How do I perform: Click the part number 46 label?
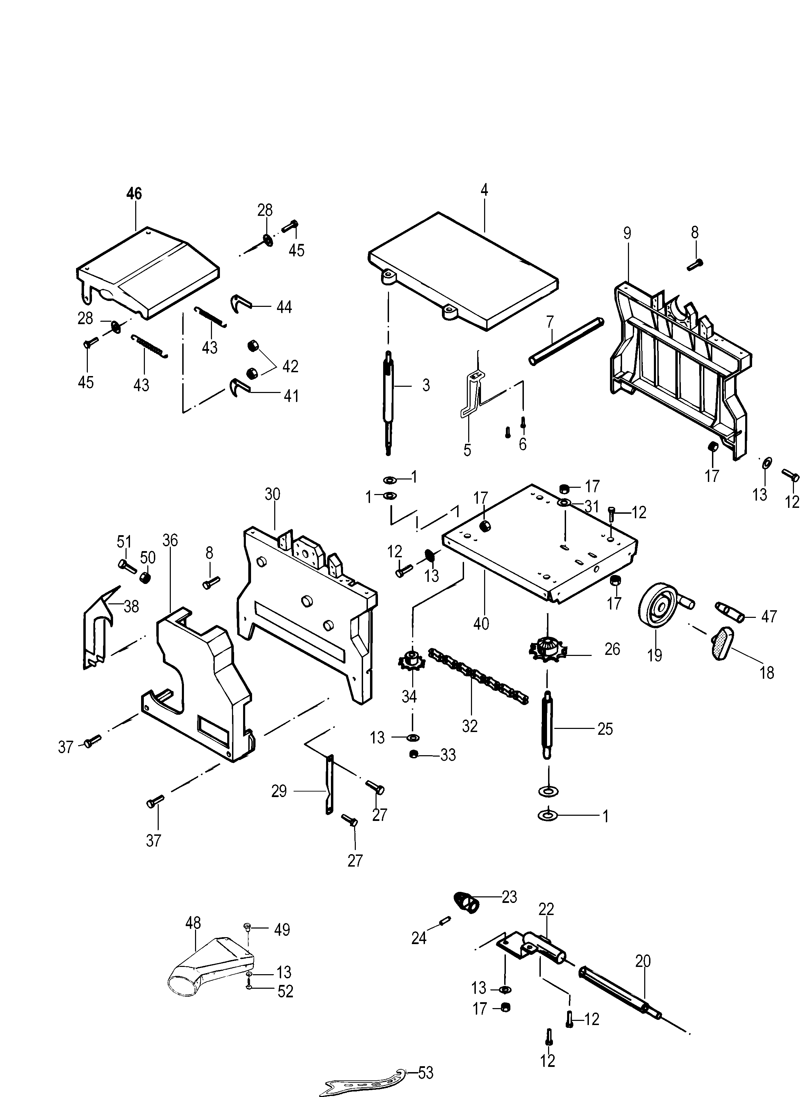134,194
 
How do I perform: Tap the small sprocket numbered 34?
412,661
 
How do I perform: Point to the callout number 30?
272,494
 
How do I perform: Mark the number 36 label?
170,540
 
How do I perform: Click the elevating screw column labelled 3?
388,402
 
